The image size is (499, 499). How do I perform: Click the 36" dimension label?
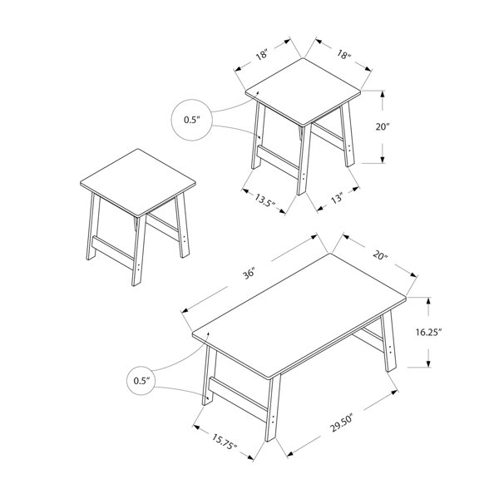249,274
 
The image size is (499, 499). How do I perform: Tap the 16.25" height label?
428,332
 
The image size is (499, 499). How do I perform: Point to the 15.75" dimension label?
225,442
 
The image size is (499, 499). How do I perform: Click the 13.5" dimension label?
264,200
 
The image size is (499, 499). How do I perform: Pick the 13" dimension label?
337,198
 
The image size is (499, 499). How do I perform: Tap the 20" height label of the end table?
383,127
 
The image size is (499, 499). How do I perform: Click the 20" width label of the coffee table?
380,255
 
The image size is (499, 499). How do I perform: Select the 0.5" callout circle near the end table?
191,120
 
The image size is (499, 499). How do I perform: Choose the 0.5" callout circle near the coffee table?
141,381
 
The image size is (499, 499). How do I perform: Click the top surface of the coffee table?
299,314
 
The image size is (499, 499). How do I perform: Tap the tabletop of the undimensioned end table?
138,182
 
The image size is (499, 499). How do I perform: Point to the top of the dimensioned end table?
303,91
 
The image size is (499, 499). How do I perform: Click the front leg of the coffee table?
273,408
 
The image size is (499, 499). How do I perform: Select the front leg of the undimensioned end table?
139,250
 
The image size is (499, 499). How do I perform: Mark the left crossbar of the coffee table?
238,400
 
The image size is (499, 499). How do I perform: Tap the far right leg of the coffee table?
389,342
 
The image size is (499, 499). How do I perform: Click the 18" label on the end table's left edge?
262,55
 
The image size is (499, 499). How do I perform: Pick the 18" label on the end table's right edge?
344,55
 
